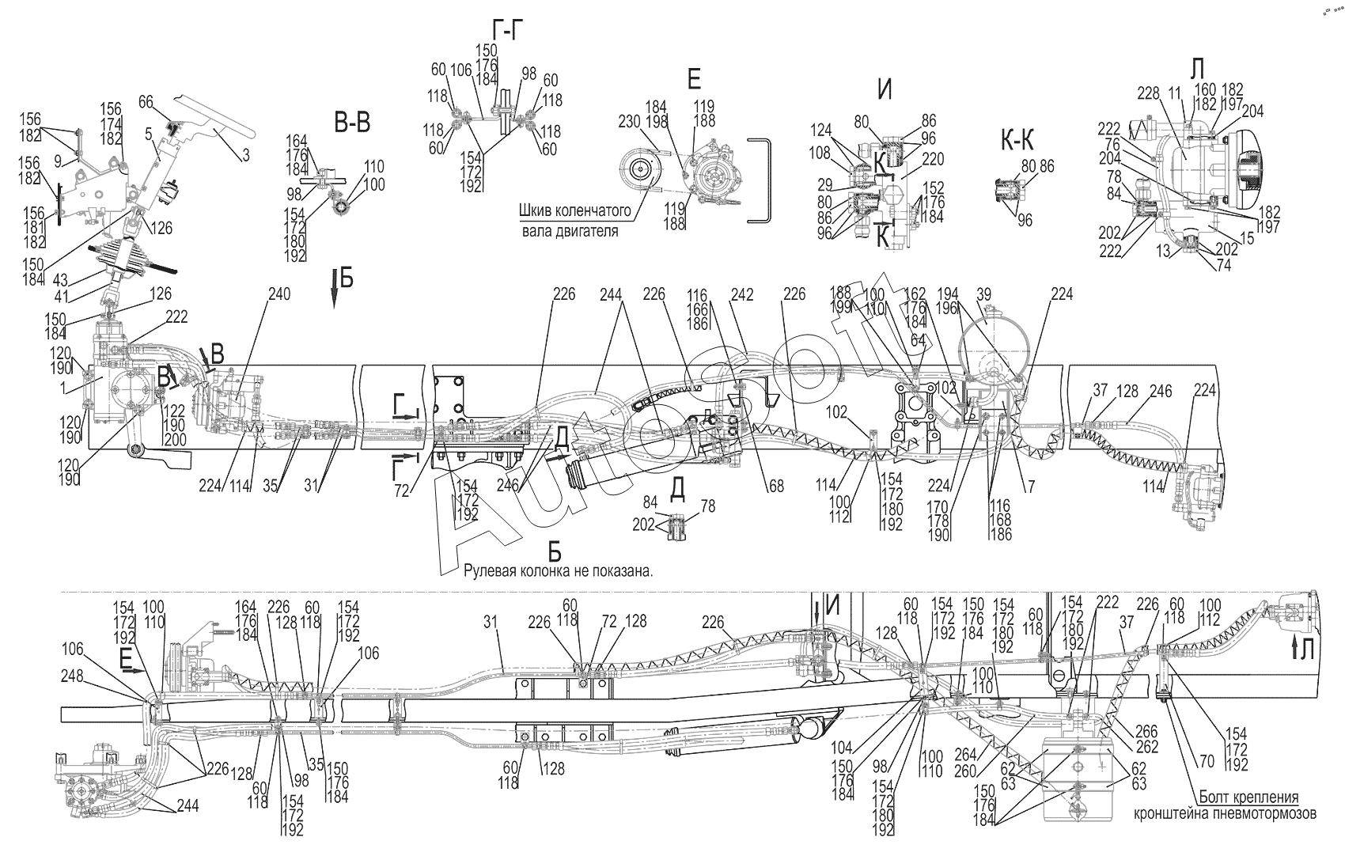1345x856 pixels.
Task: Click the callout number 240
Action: pyautogui.click(x=280, y=294)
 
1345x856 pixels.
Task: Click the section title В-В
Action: pyautogui.click(x=352, y=122)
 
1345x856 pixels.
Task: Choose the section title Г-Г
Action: pyautogui.click(x=506, y=31)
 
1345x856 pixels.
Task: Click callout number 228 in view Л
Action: pyautogui.click(x=1149, y=93)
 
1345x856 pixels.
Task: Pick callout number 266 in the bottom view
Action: pyautogui.click(x=1146, y=733)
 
